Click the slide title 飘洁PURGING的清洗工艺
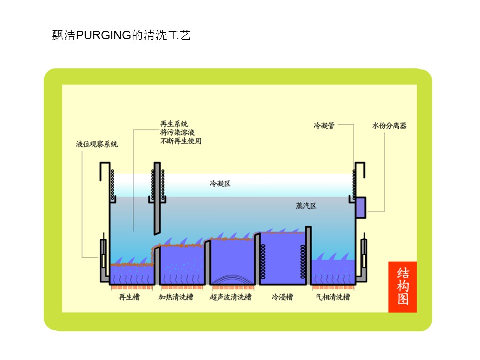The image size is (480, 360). [121, 35]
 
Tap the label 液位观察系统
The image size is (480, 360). [97, 144]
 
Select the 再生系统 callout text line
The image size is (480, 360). [174, 124]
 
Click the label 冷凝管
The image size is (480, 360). [324, 126]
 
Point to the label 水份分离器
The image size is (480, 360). [389, 126]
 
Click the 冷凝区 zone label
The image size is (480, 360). [220, 183]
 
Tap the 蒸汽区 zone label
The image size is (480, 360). [306, 206]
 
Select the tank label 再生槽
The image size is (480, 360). [129, 297]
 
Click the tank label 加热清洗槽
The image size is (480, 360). [176, 297]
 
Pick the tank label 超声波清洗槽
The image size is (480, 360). [231, 297]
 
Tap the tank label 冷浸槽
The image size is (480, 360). [282, 297]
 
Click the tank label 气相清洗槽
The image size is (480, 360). [333, 297]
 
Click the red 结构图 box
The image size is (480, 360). [403, 287]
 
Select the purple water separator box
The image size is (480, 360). [361, 208]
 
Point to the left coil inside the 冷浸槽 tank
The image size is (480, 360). [263, 262]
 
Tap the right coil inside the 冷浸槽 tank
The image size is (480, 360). [303, 262]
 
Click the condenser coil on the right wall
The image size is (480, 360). [354, 185]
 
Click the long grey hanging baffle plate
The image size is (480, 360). [157, 198]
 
